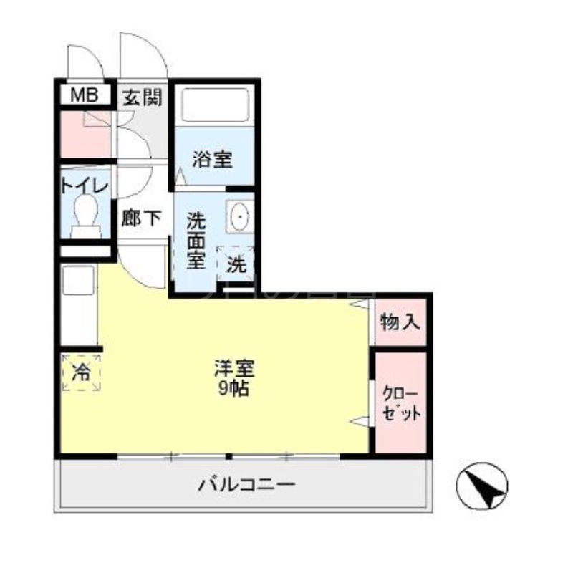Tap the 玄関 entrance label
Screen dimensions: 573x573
coord(142,97)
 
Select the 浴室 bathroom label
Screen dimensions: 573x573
coord(212,159)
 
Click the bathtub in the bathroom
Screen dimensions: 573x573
coord(214,105)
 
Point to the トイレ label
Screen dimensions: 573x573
coord(85,185)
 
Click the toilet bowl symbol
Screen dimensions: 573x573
coord(86,213)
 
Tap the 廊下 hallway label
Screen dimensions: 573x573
coord(141,218)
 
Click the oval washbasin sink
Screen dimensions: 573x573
coord(239,214)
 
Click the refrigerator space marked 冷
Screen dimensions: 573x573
coord(81,372)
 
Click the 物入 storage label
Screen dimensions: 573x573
coord(400,322)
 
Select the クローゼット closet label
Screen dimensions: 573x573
coord(400,405)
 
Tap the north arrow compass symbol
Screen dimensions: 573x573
coord(482,487)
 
